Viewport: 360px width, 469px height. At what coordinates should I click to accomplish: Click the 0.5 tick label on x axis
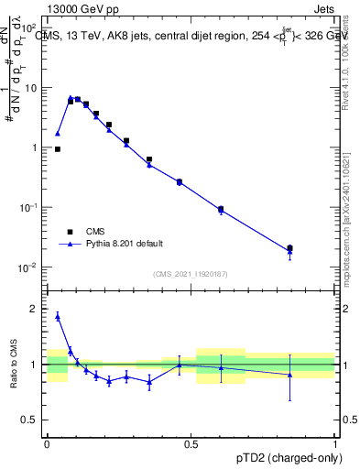pyautogui.click(x=191, y=443)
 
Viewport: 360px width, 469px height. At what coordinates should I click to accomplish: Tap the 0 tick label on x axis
pyautogui.click(x=47, y=443)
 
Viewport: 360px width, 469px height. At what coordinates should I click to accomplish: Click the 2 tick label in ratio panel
pyautogui.click(x=35, y=309)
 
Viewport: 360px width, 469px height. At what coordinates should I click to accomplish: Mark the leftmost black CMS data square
pyautogui.click(x=58, y=148)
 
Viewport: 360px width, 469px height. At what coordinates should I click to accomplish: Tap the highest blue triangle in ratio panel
pyautogui.click(x=58, y=317)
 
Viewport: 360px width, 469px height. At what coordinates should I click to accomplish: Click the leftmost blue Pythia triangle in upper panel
pyautogui.click(x=58, y=134)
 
